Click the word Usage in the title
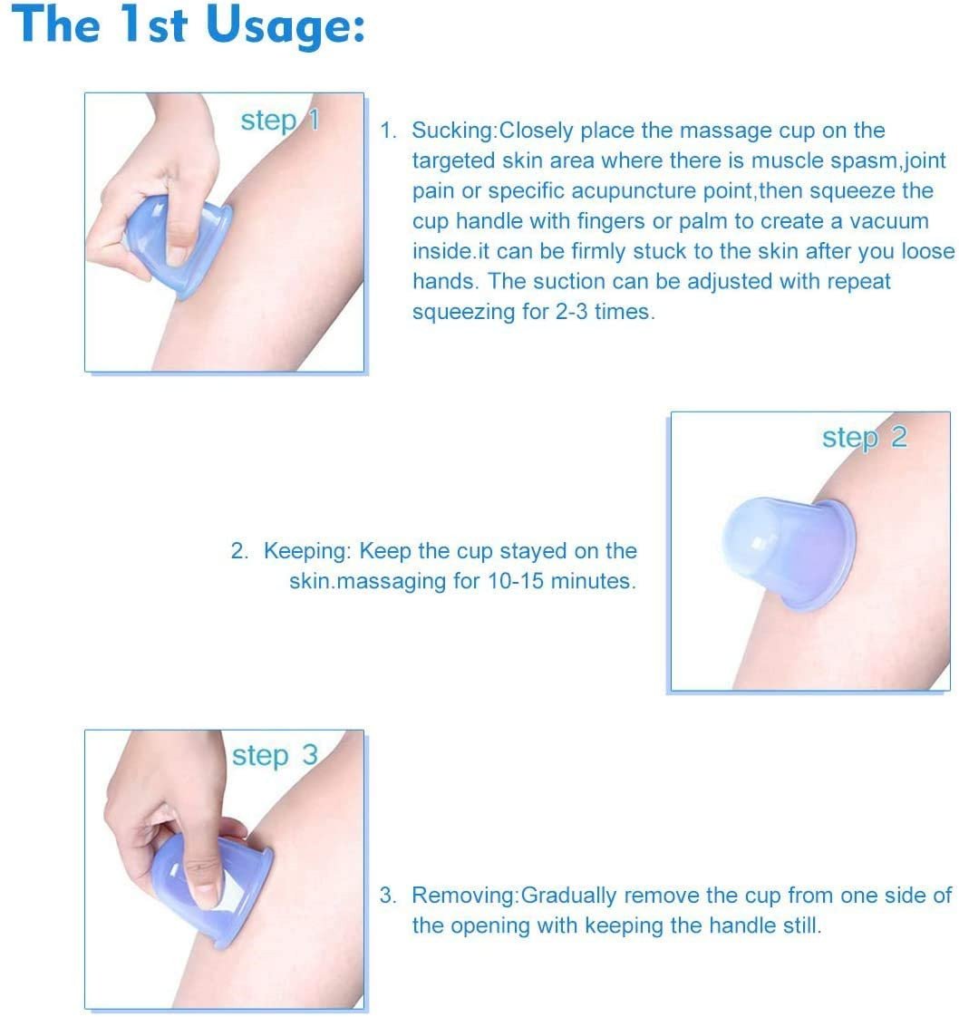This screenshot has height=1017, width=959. coord(285,26)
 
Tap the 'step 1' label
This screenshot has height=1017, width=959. coord(280,121)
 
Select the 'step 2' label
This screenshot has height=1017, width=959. coord(865,439)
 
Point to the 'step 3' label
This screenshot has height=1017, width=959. coord(275,756)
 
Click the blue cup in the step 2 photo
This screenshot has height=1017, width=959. coord(789,553)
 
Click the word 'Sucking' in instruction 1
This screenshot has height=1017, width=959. coord(452,131)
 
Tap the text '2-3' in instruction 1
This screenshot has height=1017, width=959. coord(571,311)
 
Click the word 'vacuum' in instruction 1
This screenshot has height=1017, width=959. coord(889,221)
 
